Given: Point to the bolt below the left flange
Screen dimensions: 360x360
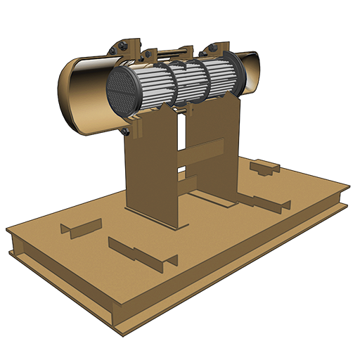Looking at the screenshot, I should [x=124, y=131].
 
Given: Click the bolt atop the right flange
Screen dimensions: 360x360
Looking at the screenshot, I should [x=212, y=49].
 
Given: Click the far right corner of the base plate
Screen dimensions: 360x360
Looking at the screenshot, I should [x=347, y=188].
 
